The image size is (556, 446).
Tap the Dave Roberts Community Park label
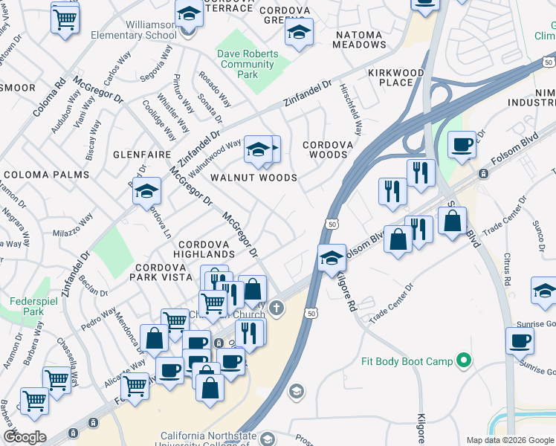point(248,65)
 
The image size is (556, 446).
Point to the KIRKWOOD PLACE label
point(396,77)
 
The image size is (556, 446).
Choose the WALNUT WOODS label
point(253,178)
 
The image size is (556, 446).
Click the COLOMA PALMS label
point(46,175)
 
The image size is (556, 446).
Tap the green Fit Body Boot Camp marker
point(465,361)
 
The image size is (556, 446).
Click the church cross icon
point(277,308)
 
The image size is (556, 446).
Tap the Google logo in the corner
point(25,437)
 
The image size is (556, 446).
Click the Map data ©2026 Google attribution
point(509,440)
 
